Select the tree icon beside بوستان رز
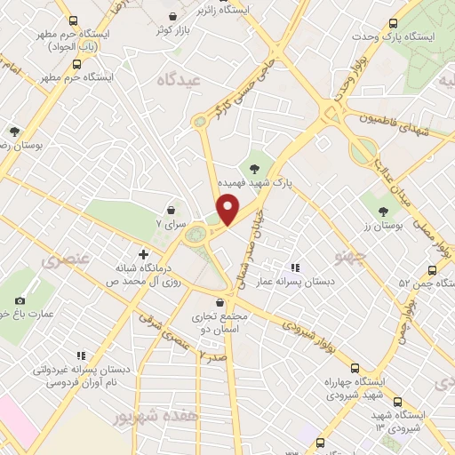[x=383, y=211]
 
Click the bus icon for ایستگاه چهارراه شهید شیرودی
[x=356, y=368]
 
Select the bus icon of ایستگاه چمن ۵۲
[x=433, y=270]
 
